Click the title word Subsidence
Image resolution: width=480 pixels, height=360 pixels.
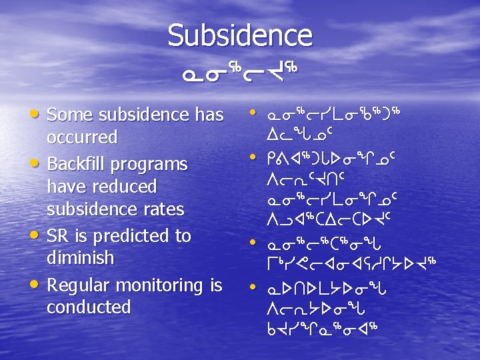[239, 35]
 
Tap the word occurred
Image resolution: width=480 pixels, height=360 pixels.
[82, 137]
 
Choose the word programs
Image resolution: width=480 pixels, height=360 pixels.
[157, 164]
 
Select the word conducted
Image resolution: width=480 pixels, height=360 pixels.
[89, 307]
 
